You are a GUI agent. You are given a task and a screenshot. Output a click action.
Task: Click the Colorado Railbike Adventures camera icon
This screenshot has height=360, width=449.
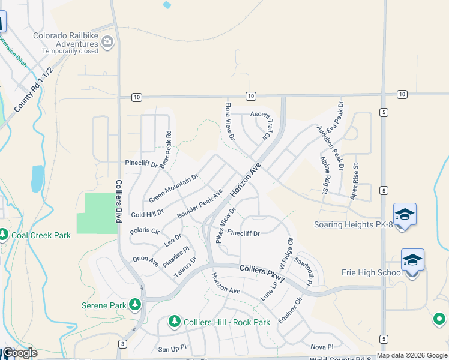tap(108, 41)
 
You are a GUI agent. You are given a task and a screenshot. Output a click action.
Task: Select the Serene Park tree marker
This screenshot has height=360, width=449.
tap(136, 305)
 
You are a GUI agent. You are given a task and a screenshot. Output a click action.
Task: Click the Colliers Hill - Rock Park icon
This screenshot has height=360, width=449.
tap(175, 322)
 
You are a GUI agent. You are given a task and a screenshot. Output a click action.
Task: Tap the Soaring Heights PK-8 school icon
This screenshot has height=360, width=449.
tap(405, 214)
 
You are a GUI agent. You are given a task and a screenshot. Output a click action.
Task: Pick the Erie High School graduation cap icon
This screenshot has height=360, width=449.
tap(412, 260)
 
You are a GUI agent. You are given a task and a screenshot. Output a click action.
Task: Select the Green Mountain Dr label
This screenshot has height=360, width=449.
tap(173, 188)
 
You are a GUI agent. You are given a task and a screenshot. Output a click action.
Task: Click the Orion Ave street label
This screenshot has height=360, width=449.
tap(145, 262)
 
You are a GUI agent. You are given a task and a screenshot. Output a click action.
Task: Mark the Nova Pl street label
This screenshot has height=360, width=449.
tap(322, 346)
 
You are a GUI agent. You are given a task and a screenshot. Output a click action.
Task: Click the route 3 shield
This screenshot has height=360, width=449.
tap(122, 344)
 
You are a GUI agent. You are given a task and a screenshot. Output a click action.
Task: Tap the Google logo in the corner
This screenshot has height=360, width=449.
tap(19, 353)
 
